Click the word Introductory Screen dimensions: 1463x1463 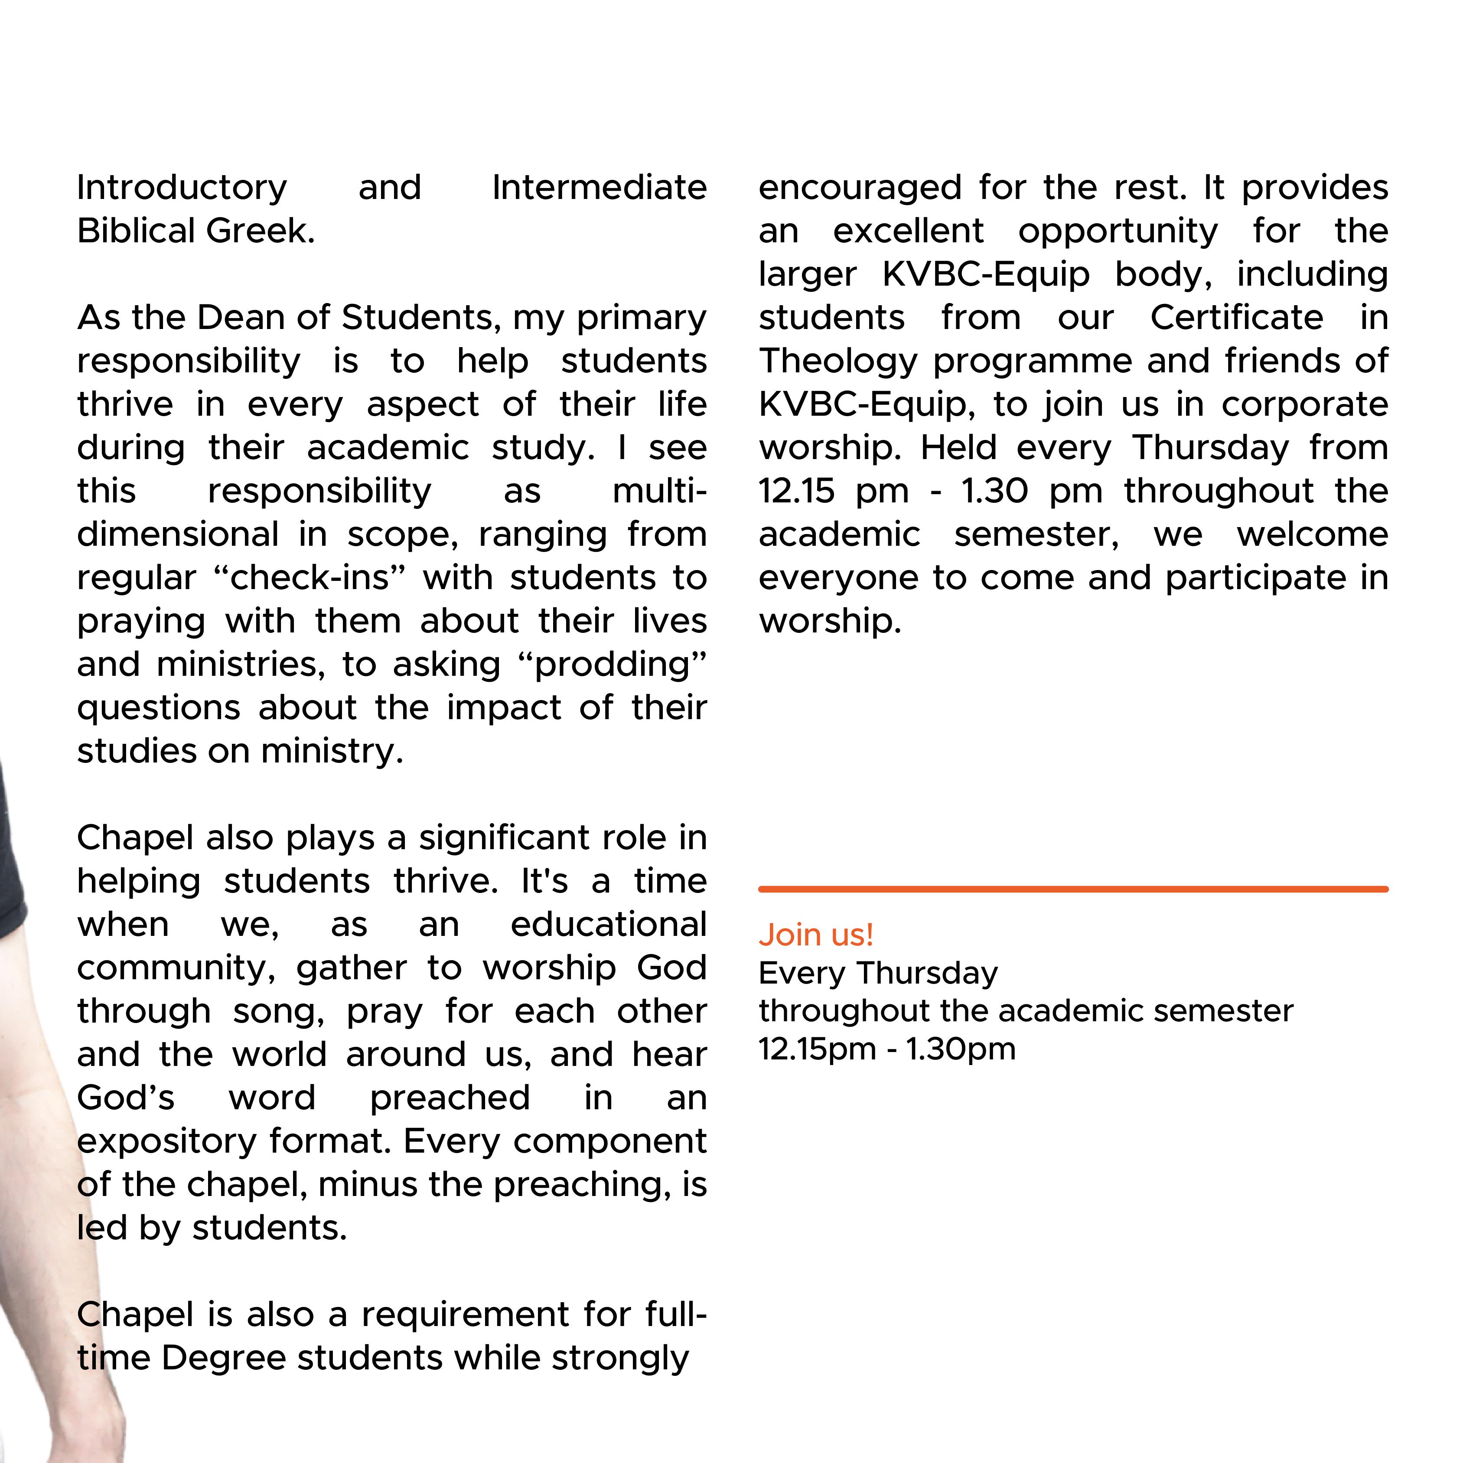[x=182, y=188]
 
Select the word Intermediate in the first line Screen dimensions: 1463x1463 [x=599, y=188]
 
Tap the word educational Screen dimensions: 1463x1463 [x=608, y=925]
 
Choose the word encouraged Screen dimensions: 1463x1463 [x=860, y=188]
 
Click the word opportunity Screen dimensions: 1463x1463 [x=1118, y=231]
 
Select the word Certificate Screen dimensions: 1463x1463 [x=1237, y=318]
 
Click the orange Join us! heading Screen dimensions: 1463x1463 [x=815, y=935]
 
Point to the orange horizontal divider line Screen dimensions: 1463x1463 [x=1073, y=889]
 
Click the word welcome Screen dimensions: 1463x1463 [x=1312, y=534]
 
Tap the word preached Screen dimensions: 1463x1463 [x=450, y=1098]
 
